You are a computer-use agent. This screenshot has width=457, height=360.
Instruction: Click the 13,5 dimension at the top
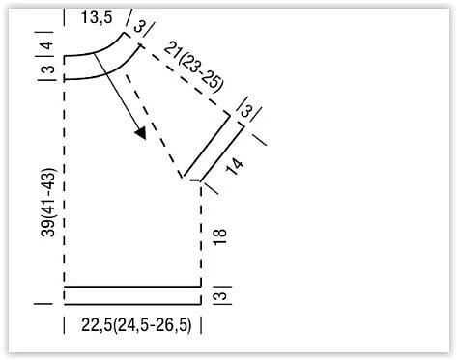click(97, 17)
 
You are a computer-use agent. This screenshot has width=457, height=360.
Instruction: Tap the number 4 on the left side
click(47, 44)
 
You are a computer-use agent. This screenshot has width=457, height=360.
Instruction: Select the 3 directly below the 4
click(48, 69)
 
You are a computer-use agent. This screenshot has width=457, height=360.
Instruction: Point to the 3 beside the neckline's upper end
click(139, 27)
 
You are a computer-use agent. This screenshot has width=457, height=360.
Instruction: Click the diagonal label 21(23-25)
click(193, 67)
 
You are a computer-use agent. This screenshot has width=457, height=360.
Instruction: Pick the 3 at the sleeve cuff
click(247, 111)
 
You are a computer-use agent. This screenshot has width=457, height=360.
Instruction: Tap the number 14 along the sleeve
click(235, 167)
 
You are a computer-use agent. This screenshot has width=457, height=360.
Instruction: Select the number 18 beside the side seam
click(220, 237)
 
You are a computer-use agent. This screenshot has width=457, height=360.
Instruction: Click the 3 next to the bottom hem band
click(220, 295)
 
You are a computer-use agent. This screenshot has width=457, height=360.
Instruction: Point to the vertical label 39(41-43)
click(48, 203)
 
